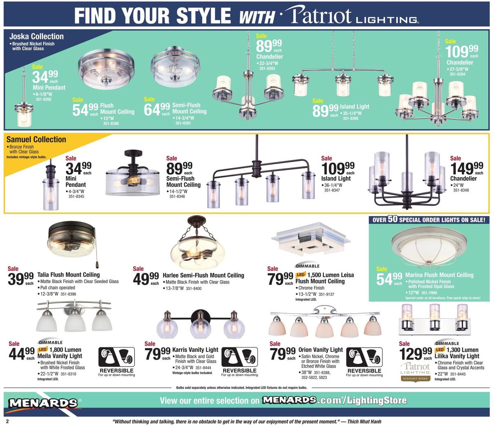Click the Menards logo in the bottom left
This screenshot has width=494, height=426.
pos(43,403)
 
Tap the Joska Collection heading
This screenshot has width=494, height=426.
pos(37,36)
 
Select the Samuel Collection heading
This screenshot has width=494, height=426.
pos(36,139)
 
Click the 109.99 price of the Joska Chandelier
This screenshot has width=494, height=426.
pos(461,51)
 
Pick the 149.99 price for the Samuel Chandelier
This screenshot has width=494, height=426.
pos(466,168)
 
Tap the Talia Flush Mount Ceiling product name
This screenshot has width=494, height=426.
pos(68,275)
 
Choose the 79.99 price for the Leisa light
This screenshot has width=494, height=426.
pos(280,279)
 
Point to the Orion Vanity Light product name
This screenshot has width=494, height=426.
pos(320,349)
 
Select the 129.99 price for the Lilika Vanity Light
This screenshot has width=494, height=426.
pos(416,354)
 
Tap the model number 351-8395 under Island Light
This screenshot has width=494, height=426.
pos(351,119)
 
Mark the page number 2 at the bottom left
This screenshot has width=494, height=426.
pos(7,421)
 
